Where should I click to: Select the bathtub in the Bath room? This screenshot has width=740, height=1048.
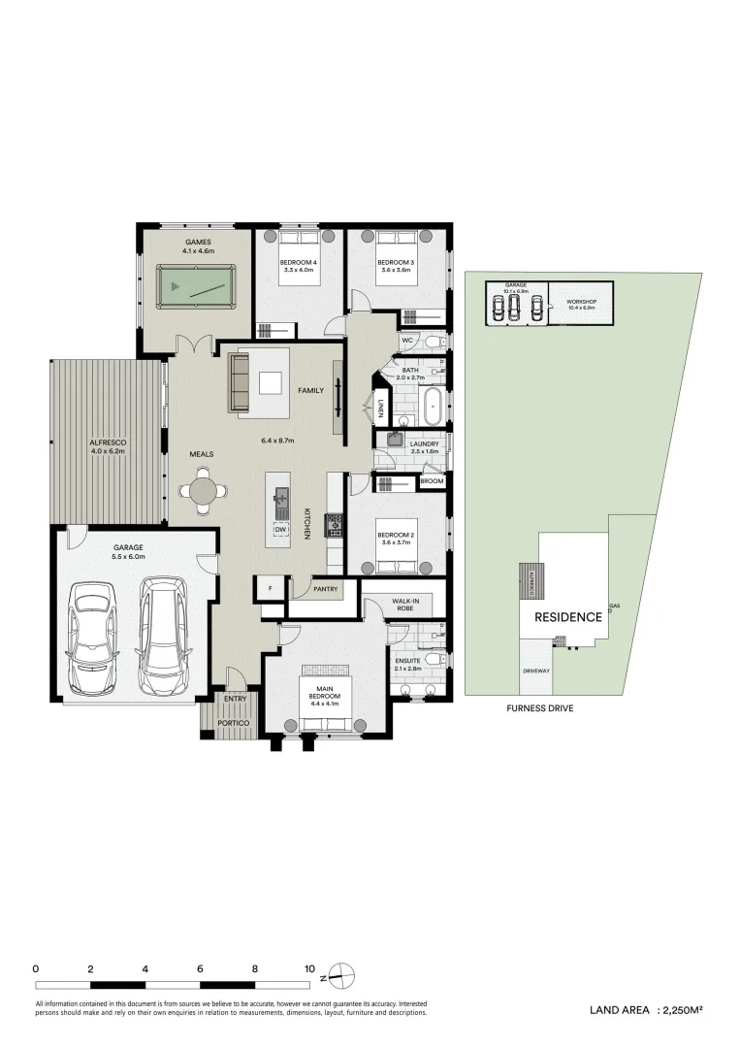(432, 406)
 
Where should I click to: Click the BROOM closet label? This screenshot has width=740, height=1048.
(432, 481)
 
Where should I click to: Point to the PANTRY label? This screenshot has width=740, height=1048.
(326, 588)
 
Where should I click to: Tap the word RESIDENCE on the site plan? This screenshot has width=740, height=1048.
(567, 617)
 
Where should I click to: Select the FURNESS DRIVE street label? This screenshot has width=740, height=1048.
(539, 709)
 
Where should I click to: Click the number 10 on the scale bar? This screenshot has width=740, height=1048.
(308, 968)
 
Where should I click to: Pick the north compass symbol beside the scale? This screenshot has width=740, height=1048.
(339, 971)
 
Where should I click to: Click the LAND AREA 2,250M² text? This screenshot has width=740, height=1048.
(645, 1010)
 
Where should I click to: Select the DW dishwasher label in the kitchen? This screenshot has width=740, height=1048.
(280, 529)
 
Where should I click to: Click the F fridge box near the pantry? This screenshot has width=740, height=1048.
(269, 587)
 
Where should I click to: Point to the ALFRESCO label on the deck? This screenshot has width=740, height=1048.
(109, 446)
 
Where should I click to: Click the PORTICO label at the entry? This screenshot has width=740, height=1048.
(235, 723)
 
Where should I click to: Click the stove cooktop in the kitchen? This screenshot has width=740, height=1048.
(336, 524)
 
